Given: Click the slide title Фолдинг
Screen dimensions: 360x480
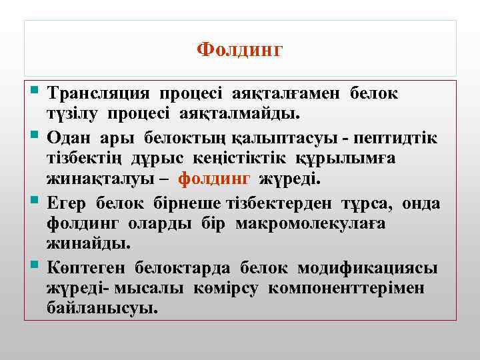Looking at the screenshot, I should coord(240,50).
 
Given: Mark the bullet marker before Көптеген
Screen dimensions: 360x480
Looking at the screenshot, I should coord(36,266).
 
